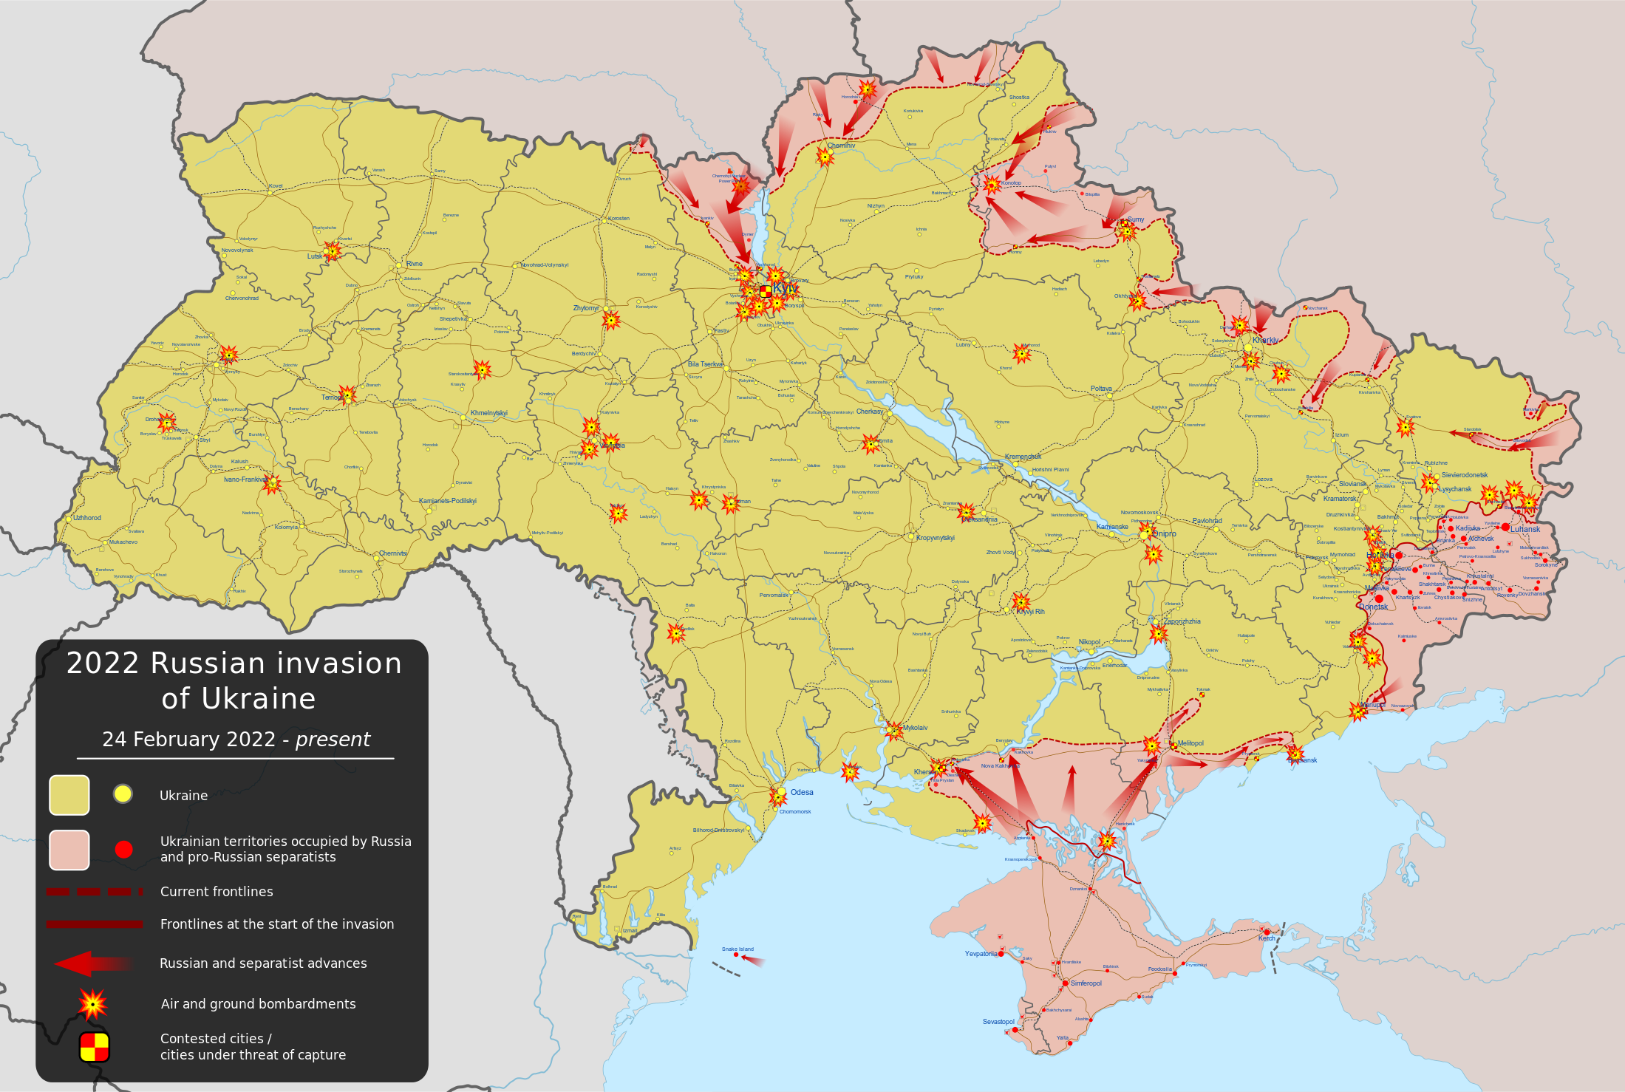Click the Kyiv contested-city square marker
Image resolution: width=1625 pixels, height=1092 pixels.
(766, 291)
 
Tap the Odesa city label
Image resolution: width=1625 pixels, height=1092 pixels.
(802, 792)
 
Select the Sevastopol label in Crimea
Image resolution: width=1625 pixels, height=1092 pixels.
(998, 1022)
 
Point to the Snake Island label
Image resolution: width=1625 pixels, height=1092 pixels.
(737, 949)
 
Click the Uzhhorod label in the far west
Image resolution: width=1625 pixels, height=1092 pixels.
(87, 518)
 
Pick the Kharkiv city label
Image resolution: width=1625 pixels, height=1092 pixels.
(1265, 340)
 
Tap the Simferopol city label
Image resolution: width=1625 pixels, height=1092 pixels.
(1086, 983)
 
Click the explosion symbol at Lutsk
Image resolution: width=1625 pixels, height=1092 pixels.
(333, 252)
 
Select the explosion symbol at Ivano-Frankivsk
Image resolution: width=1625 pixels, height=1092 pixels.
(272, 484)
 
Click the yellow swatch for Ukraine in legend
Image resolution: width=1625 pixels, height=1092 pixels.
(69, 795)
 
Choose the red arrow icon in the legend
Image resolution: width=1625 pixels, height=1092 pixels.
(93, 963)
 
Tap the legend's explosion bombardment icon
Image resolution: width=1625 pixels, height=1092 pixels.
(93, 1004)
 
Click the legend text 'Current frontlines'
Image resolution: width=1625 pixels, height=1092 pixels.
(217, 892)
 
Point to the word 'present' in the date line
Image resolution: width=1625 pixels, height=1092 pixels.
(333, 740)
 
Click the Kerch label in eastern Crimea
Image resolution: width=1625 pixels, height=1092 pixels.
(1267, 938)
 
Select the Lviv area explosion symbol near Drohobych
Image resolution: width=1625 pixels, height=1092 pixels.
(167, 423)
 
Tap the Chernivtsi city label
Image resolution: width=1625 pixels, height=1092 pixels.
(392, 553)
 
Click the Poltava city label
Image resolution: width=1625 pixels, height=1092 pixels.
(1101, 389)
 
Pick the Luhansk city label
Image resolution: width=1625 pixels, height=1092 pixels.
(1525, 529)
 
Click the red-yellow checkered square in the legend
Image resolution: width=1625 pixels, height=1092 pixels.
(95, 1047)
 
